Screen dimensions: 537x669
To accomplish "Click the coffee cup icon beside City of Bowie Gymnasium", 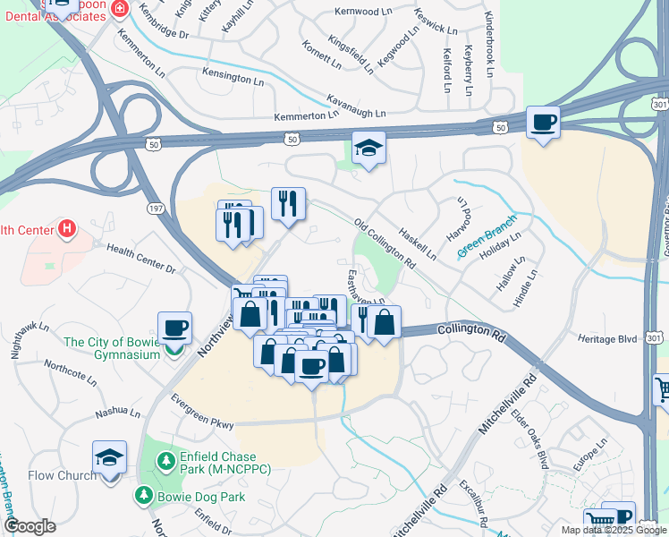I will [x=175, y=328].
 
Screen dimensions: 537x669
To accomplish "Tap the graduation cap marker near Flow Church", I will [x=109, y=457].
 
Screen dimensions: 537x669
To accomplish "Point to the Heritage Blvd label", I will [x=608, y=339].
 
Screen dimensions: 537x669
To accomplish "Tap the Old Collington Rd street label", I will [x=385, y=244].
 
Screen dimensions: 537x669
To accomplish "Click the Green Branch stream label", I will [x=487, y=242].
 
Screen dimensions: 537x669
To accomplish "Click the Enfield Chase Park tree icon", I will [x=165, y=461].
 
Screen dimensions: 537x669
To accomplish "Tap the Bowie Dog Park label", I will [x=196, y=494].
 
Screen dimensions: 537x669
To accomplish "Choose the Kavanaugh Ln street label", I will [x=355, y=106].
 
